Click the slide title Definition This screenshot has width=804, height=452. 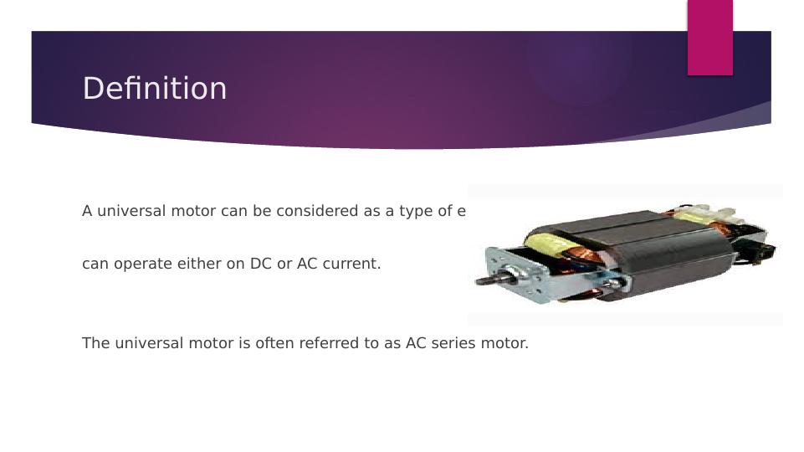pos(155,89)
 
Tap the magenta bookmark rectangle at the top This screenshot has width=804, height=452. pos(709,37)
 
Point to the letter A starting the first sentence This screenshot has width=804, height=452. pos(87,211)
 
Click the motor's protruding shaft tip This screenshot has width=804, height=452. pos(482,280)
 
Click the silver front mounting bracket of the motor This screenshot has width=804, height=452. pos(512,272)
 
